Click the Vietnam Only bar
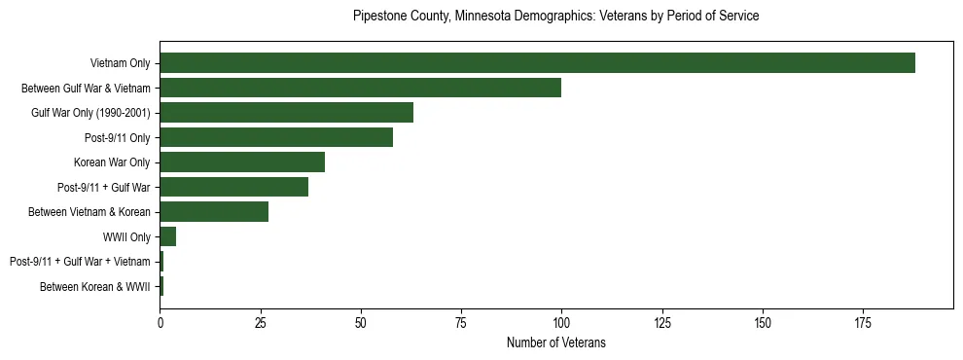pos(537,62)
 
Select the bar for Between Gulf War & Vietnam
pos(360,88)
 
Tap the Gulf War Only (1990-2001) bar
pos(286,112)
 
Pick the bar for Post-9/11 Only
pos(276,137)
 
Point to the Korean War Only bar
pos(242,162)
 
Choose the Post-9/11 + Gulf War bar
pos(233,187)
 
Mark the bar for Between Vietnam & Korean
pos(214,212)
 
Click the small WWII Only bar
pos(167,236)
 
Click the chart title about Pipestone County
pos(555,17)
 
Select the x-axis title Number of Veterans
pos(555,342)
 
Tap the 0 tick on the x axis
pos(160,322)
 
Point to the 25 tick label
pos(260,322)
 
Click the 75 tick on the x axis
pos(461,322)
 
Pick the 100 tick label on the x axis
pos(561,322)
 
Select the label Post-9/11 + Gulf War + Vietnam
pos(80,262)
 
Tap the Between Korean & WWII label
pos(94,287)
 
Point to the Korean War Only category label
pos(111,162)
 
